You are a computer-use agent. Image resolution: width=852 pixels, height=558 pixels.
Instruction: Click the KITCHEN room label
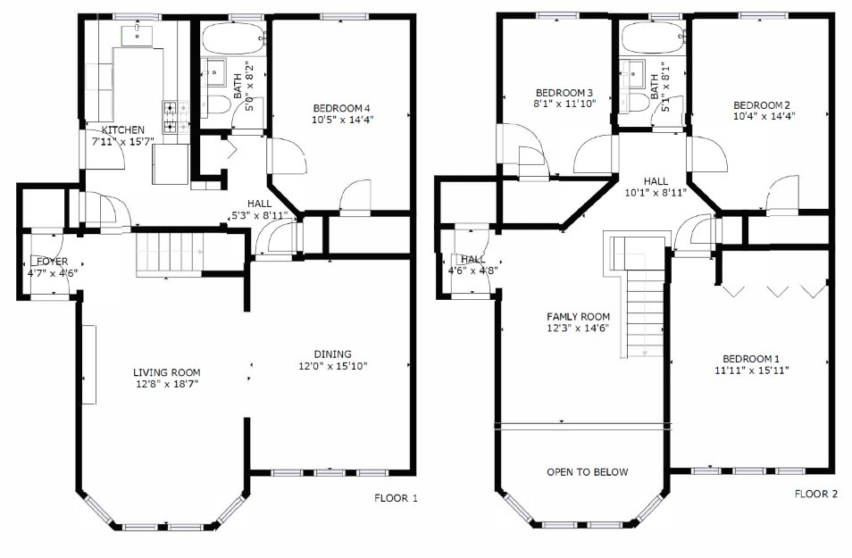(x=123, y=129)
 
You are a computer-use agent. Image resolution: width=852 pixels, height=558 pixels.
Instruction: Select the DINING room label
(x=332, y=354)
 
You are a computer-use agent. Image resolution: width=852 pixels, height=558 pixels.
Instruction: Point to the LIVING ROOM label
(x=167, y=372)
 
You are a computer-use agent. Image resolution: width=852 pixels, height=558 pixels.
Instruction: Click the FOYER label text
(x=53, y=262)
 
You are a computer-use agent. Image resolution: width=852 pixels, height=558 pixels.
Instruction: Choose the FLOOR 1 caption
(x=397, y=497)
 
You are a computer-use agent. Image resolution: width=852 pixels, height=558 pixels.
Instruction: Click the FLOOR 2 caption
(x=816, y=494)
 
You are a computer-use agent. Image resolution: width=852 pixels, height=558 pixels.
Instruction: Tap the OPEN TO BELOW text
(x=588, y=472)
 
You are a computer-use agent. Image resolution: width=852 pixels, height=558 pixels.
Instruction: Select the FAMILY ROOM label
(x=578, y=317)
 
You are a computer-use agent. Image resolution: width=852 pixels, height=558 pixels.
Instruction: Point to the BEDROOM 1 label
(x=751, y=359)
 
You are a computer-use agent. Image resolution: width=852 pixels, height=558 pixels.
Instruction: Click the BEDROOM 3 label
(x=564, y=93)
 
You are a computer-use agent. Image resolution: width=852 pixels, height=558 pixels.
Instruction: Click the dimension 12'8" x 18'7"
(x=167, y=384)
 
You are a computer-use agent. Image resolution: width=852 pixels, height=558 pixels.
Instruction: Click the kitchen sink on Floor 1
(x=137, y=35)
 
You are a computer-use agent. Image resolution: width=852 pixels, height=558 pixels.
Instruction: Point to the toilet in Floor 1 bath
(x=216, y=105)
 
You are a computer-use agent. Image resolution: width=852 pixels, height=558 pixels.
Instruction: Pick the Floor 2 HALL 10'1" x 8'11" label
(x=656, y=187)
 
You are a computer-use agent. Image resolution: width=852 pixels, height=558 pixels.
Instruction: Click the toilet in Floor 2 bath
(x=635, y=102)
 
